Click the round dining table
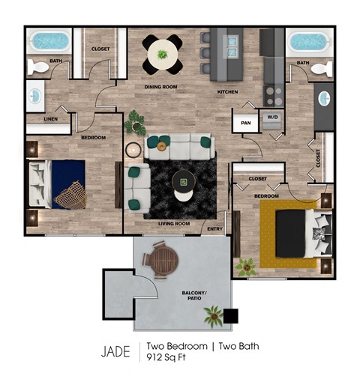[163, 55]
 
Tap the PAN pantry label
[245, 122]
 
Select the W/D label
[271, 117]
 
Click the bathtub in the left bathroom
[49, 41]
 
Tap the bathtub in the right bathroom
[310, 42]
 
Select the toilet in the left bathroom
[37, 67]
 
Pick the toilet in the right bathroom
[321, 70]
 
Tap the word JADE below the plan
[115, 351]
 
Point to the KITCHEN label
[227, 91]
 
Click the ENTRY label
[214, 228]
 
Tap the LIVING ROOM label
[172, 223]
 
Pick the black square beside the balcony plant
[231, 316]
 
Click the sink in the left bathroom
[36, 96]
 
